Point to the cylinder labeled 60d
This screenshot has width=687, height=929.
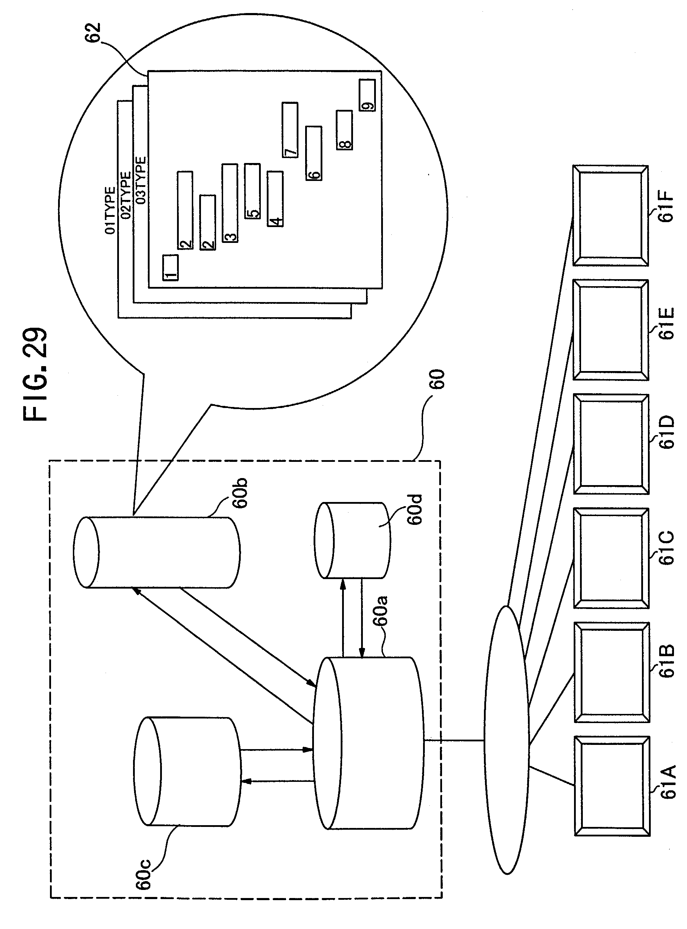coord(353,541)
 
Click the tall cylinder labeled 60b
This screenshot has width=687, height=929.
coord(157,552)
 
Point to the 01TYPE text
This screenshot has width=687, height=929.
coord(110,211)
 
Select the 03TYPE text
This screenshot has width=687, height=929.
coord(141,180)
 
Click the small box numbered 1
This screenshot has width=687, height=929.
coord(170,268)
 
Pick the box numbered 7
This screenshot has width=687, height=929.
coord(290,130)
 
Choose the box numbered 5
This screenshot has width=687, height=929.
coord(252,191)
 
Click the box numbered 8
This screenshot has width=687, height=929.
coord(344,130)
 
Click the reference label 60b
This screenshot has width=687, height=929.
coord(240,493)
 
